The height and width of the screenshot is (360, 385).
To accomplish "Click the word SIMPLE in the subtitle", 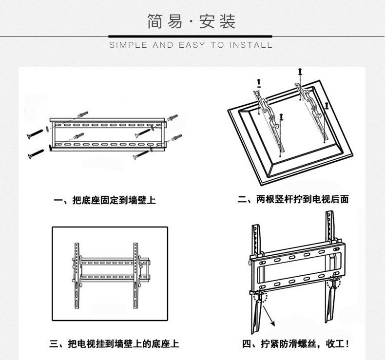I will point(128,45).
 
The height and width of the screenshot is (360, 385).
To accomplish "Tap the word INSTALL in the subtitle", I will point(250,45).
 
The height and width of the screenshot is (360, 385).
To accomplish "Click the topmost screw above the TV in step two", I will point(300,72).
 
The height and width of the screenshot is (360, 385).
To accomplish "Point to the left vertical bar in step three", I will point(77,276).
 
